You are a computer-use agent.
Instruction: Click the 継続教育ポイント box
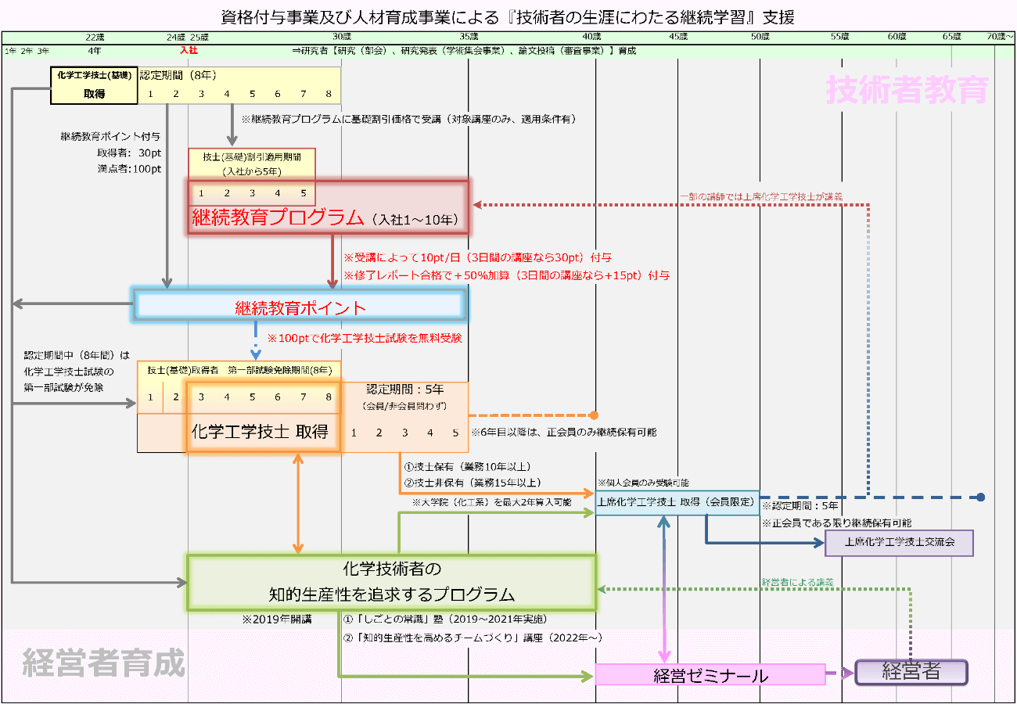click(301, 307)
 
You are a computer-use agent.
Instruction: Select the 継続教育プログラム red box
click(329, 208)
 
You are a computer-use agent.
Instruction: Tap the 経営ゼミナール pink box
click(710, 674)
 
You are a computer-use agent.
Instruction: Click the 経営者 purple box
click(911, 672)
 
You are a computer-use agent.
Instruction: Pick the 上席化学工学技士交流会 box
click(899, 542)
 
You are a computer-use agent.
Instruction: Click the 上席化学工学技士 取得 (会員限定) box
click(677, 502)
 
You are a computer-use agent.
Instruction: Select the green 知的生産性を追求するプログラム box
click(391, 581)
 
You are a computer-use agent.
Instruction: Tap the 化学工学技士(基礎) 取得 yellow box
click(94, 84)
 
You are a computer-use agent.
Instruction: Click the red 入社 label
click(189, 50)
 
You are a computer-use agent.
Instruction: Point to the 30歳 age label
click(341, 37)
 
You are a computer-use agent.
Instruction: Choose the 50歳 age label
click(760, 37)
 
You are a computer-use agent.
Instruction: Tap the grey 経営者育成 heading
click(103, 663)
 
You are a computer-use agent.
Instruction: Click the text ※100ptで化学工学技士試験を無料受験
click(365, 339)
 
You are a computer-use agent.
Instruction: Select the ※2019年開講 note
click(277, 619)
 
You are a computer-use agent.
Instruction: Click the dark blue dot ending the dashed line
click(980, 497)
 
